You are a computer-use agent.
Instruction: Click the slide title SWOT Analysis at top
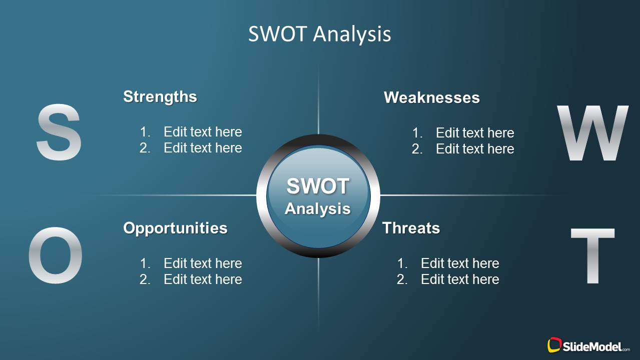point(319,34)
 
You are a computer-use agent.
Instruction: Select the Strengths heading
point(160,96)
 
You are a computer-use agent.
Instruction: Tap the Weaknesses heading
point(431,97)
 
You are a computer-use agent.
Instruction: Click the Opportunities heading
point(175,228)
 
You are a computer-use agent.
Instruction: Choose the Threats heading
point(411,228)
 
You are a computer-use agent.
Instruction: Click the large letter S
point(59,132)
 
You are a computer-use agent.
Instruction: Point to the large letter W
point(592,133)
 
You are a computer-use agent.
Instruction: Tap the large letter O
point(55,255)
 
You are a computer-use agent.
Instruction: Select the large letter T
point(592,255)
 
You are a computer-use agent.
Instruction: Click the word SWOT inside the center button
point(318,186)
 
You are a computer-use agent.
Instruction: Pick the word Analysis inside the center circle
point(318,208)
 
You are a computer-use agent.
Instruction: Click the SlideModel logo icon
point(554,345)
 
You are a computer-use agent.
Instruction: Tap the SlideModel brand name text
point(593,346)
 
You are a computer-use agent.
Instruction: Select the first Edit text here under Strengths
point(203,132)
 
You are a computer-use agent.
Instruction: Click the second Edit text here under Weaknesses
point(475,149)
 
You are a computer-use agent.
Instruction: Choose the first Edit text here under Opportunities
point(203,263)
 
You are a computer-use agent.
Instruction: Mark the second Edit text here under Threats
point(460,279)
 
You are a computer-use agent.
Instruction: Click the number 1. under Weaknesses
point(417,133)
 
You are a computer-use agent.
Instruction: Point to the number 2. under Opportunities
point(145,279)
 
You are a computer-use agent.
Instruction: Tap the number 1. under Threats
point(402,263)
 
